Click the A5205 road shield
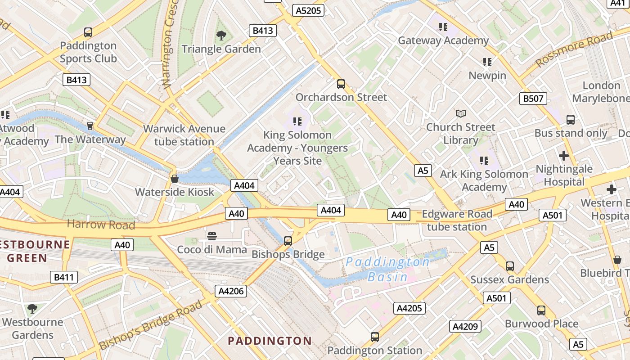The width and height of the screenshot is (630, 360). (x=308, y=10)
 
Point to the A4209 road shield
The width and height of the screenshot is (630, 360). (x=465, y=326)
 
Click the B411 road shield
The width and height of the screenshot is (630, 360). (x=63, y=277)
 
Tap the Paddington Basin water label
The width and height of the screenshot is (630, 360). (x=387, y=269)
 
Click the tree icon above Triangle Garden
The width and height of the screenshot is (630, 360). (x=221, y=36)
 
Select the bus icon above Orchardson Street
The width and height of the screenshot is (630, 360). (x=341, y=84)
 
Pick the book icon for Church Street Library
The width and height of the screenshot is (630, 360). (x=460, y=113)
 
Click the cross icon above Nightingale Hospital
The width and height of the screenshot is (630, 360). (x=563, y=156)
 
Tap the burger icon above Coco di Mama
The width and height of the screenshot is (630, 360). (x=212, y=236)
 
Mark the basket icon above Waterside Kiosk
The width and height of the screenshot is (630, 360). (x=175, y=179)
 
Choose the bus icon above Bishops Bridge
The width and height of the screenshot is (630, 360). (x=288, y=241)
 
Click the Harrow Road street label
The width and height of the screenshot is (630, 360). (x=101, y=224)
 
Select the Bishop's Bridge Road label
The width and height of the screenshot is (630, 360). (x=151, y=325)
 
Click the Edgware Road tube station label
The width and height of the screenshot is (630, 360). (x=457, y=220)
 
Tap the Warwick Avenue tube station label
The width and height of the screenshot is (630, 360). (x=184, y=135)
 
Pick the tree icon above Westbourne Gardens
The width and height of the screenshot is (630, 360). (x=32, y=309)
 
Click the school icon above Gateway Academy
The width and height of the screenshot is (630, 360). (x=443, y=27)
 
